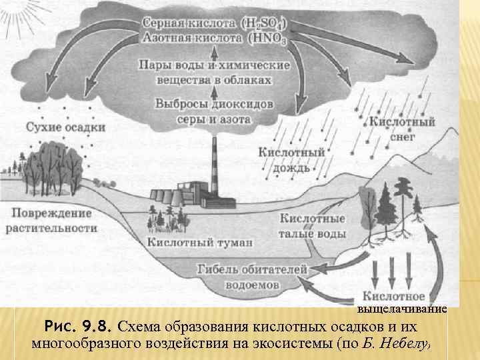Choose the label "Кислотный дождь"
tap(291, 160)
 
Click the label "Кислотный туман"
tap(191, 242)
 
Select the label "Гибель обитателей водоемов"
tap(253, 276)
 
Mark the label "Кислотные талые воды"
tap(313, 226)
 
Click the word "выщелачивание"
tap(402, 309)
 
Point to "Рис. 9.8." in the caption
tap(79, 327)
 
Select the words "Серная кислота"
tap(188, 22)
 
